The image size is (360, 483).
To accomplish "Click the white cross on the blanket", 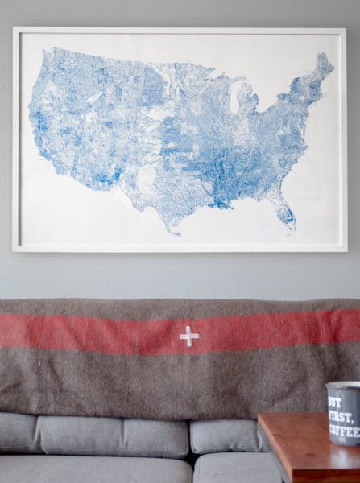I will click(188, 336).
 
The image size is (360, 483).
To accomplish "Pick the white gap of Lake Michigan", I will click(236, 100).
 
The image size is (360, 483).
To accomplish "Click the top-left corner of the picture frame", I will click(14, 28).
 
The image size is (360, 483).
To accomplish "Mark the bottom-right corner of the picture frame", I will click(346, 251).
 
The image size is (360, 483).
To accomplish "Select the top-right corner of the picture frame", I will click(346, 29).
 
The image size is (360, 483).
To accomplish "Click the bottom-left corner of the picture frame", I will click(13, 251).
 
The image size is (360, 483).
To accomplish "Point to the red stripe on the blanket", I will click(97, 332).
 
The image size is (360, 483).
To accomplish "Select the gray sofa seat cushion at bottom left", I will click(89, 470).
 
